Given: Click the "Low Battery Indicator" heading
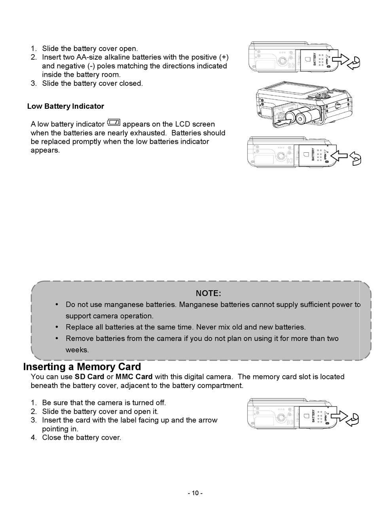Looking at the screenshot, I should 65,106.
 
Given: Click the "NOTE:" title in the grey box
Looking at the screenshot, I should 208,293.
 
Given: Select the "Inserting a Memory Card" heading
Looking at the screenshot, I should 82,367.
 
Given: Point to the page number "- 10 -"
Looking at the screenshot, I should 195,493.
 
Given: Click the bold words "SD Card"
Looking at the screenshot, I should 89,377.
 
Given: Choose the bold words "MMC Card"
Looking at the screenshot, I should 134,377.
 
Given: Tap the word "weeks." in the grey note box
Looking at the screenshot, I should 77,350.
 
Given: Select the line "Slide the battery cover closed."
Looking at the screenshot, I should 92,83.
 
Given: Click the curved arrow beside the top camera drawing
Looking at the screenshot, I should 354,63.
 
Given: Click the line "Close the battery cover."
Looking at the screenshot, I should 82,437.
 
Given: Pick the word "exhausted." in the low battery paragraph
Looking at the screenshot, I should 148,133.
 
